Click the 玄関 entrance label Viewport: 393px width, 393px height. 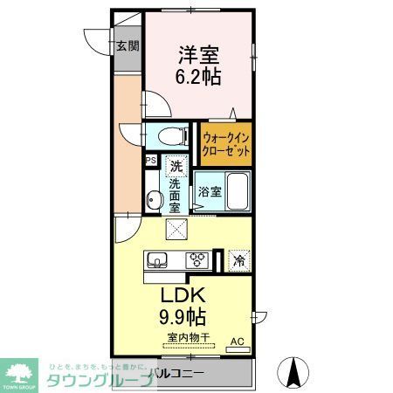coord(128,45)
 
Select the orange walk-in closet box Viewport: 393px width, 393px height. coord(227,143)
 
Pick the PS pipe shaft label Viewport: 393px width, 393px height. coord(150,160)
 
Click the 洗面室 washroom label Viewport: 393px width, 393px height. coord(175,196)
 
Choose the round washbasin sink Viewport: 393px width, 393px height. coord(154,200)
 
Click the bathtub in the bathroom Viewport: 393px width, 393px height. coord(238,190)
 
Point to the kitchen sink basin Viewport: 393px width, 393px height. coord(160,259)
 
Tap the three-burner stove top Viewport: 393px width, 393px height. coord(197,259)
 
